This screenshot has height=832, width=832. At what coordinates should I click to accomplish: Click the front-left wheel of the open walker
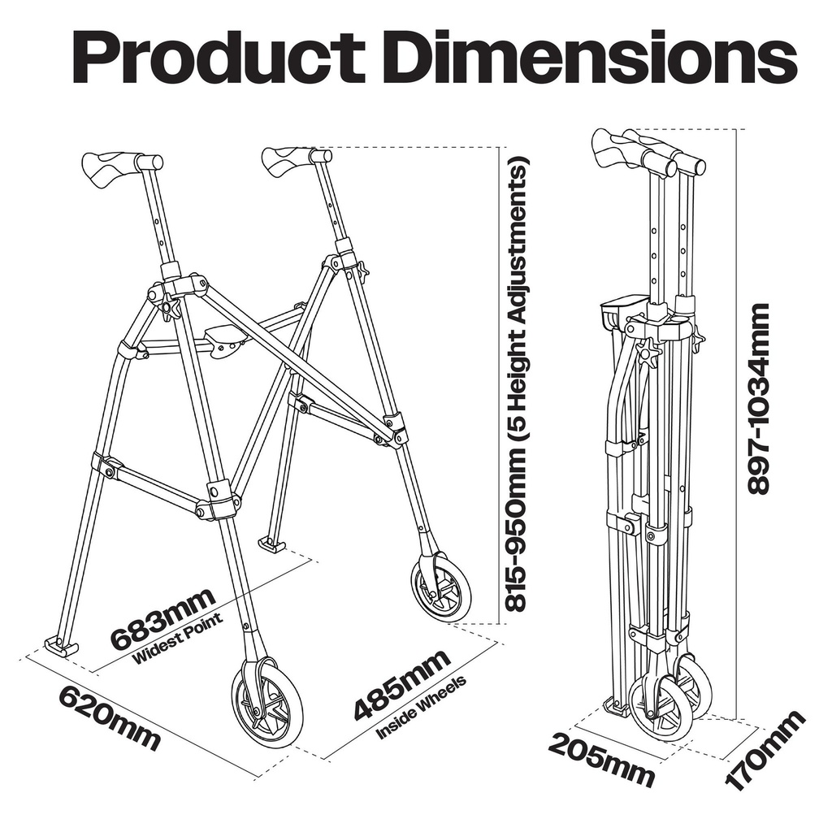click(267, 704)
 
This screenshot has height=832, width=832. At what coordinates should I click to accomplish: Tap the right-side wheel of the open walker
click(441, 586)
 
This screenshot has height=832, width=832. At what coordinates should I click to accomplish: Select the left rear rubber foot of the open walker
click(57, 647)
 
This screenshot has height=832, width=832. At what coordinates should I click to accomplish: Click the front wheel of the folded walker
click(660, 707)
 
